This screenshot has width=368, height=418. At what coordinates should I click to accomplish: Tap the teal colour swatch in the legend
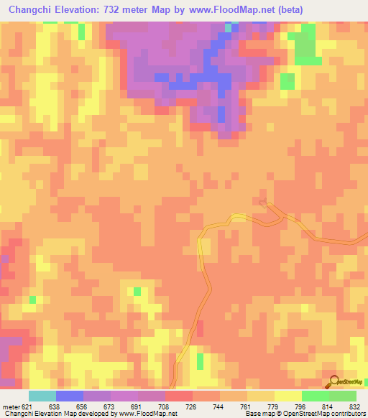[x=42, y=396]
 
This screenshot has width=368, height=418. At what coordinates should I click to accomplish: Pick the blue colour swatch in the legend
[x=69, y=396]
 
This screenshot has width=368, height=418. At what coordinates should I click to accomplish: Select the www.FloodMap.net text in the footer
[x=147, y=413]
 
